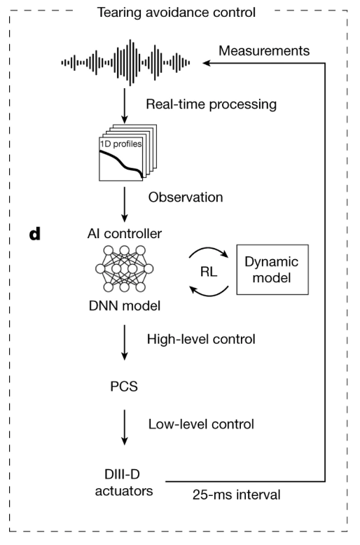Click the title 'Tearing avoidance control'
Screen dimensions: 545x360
point(176,12)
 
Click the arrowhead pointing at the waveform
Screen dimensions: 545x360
point(208,63)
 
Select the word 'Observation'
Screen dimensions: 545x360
point(186,198)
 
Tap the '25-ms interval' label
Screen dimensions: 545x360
point(237,495)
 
